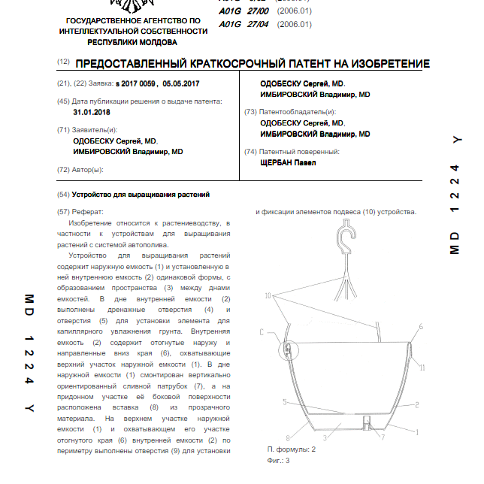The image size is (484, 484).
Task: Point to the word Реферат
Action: pyautogui.click(x=88, y=212)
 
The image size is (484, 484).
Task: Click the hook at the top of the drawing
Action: pyautogui.click(x=346, y=239)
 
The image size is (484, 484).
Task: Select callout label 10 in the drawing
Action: pyautogui.click(x=268, y=298)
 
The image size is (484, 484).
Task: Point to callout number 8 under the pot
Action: pyautogui.click(x=289, y=437)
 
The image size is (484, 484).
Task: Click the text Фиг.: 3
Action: pyautogui.click(x=278, y=460)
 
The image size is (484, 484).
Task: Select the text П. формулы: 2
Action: pyautogui.click(x=292, y=449)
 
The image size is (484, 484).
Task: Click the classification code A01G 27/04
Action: pyautogui.click(x=240, y=24)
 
